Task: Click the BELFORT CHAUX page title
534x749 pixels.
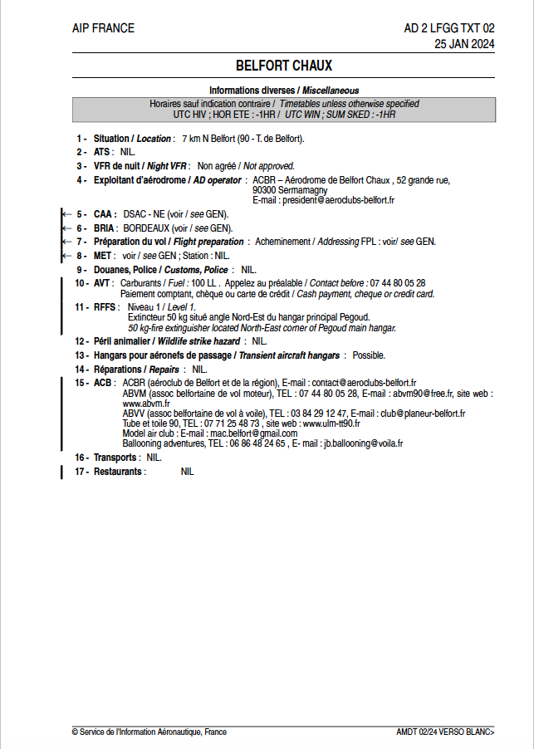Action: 283,65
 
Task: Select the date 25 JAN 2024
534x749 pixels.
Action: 464,44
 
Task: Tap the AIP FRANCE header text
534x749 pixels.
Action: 103,28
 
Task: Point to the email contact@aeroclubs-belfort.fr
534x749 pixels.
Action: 364,383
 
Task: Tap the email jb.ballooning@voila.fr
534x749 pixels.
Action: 363,443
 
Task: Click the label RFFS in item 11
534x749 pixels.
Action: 103,307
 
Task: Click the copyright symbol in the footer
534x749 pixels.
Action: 75,732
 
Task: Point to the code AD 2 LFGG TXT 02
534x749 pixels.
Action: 448,28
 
